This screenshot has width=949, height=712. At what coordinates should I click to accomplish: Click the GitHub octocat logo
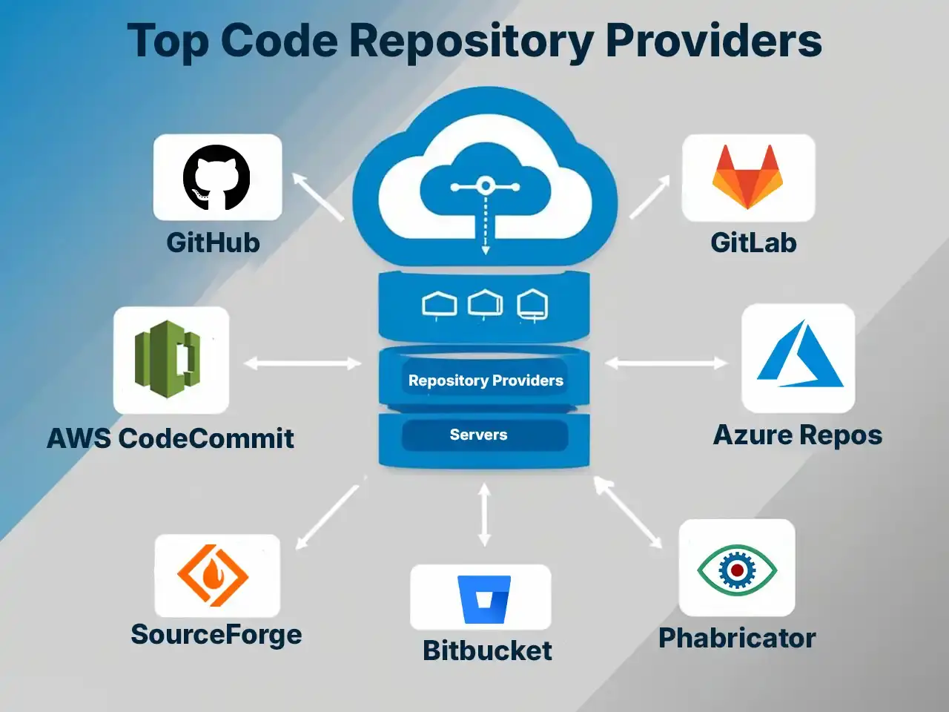[x=216, y=177]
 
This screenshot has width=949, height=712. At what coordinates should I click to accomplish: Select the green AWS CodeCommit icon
[x=168, y=359]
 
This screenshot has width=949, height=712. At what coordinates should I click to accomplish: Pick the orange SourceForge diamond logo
[x=213, y=575]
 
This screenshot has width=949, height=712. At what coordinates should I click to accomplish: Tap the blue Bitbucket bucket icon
[x=484, y=599]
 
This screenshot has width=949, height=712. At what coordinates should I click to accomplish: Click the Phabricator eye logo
[x=736, y=570]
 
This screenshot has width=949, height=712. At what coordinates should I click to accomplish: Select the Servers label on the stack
[x=478, y=435]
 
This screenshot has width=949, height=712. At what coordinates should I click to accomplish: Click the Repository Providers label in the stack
[x=486, y=380]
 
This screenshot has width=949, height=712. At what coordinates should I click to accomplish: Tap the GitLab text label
[x=753, y=243]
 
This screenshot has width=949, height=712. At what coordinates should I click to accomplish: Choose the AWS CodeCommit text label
[x=171, y=438]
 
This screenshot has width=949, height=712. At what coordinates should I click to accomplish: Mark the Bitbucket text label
[x=487, y=650]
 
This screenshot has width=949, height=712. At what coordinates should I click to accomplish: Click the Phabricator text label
[x=737, y=638]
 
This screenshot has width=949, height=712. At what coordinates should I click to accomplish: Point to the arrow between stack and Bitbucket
[x=484, y=514]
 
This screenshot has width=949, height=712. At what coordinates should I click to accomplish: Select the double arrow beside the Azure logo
[x=666, y=363]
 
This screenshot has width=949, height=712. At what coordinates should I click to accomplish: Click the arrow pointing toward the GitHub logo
[x=317, y=197]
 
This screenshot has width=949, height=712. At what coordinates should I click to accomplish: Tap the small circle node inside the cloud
[x=485, y=185]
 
